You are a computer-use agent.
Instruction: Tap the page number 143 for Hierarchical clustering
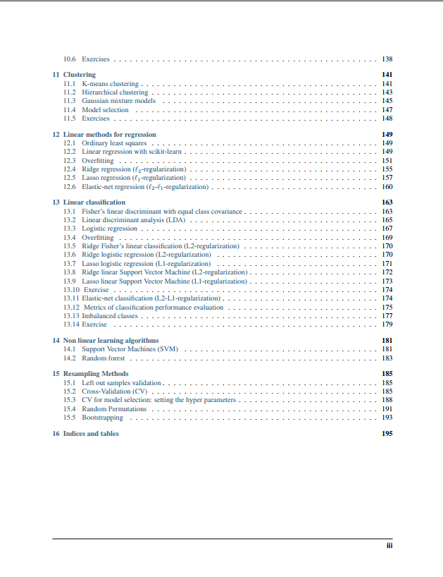click(x=387, y=92)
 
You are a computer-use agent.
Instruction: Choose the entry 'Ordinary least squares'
click(x=114, y=143)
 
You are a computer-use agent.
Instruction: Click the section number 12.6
click(x=69, y=187)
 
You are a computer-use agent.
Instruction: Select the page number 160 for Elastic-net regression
click(x=387, y=187)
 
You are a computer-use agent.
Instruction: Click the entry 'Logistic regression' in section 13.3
click(x=109, y=229)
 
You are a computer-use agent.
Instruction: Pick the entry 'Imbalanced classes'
click(x=110, y=316)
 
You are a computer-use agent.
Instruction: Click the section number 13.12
click(x=71, y=308)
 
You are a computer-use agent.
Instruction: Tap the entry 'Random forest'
click(x=104, y=358)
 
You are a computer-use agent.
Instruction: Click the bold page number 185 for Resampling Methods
click(x=387, y=374)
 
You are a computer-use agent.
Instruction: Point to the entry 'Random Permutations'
click(x=114, y=409)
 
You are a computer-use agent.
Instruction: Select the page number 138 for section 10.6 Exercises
click(x=387, y=59)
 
